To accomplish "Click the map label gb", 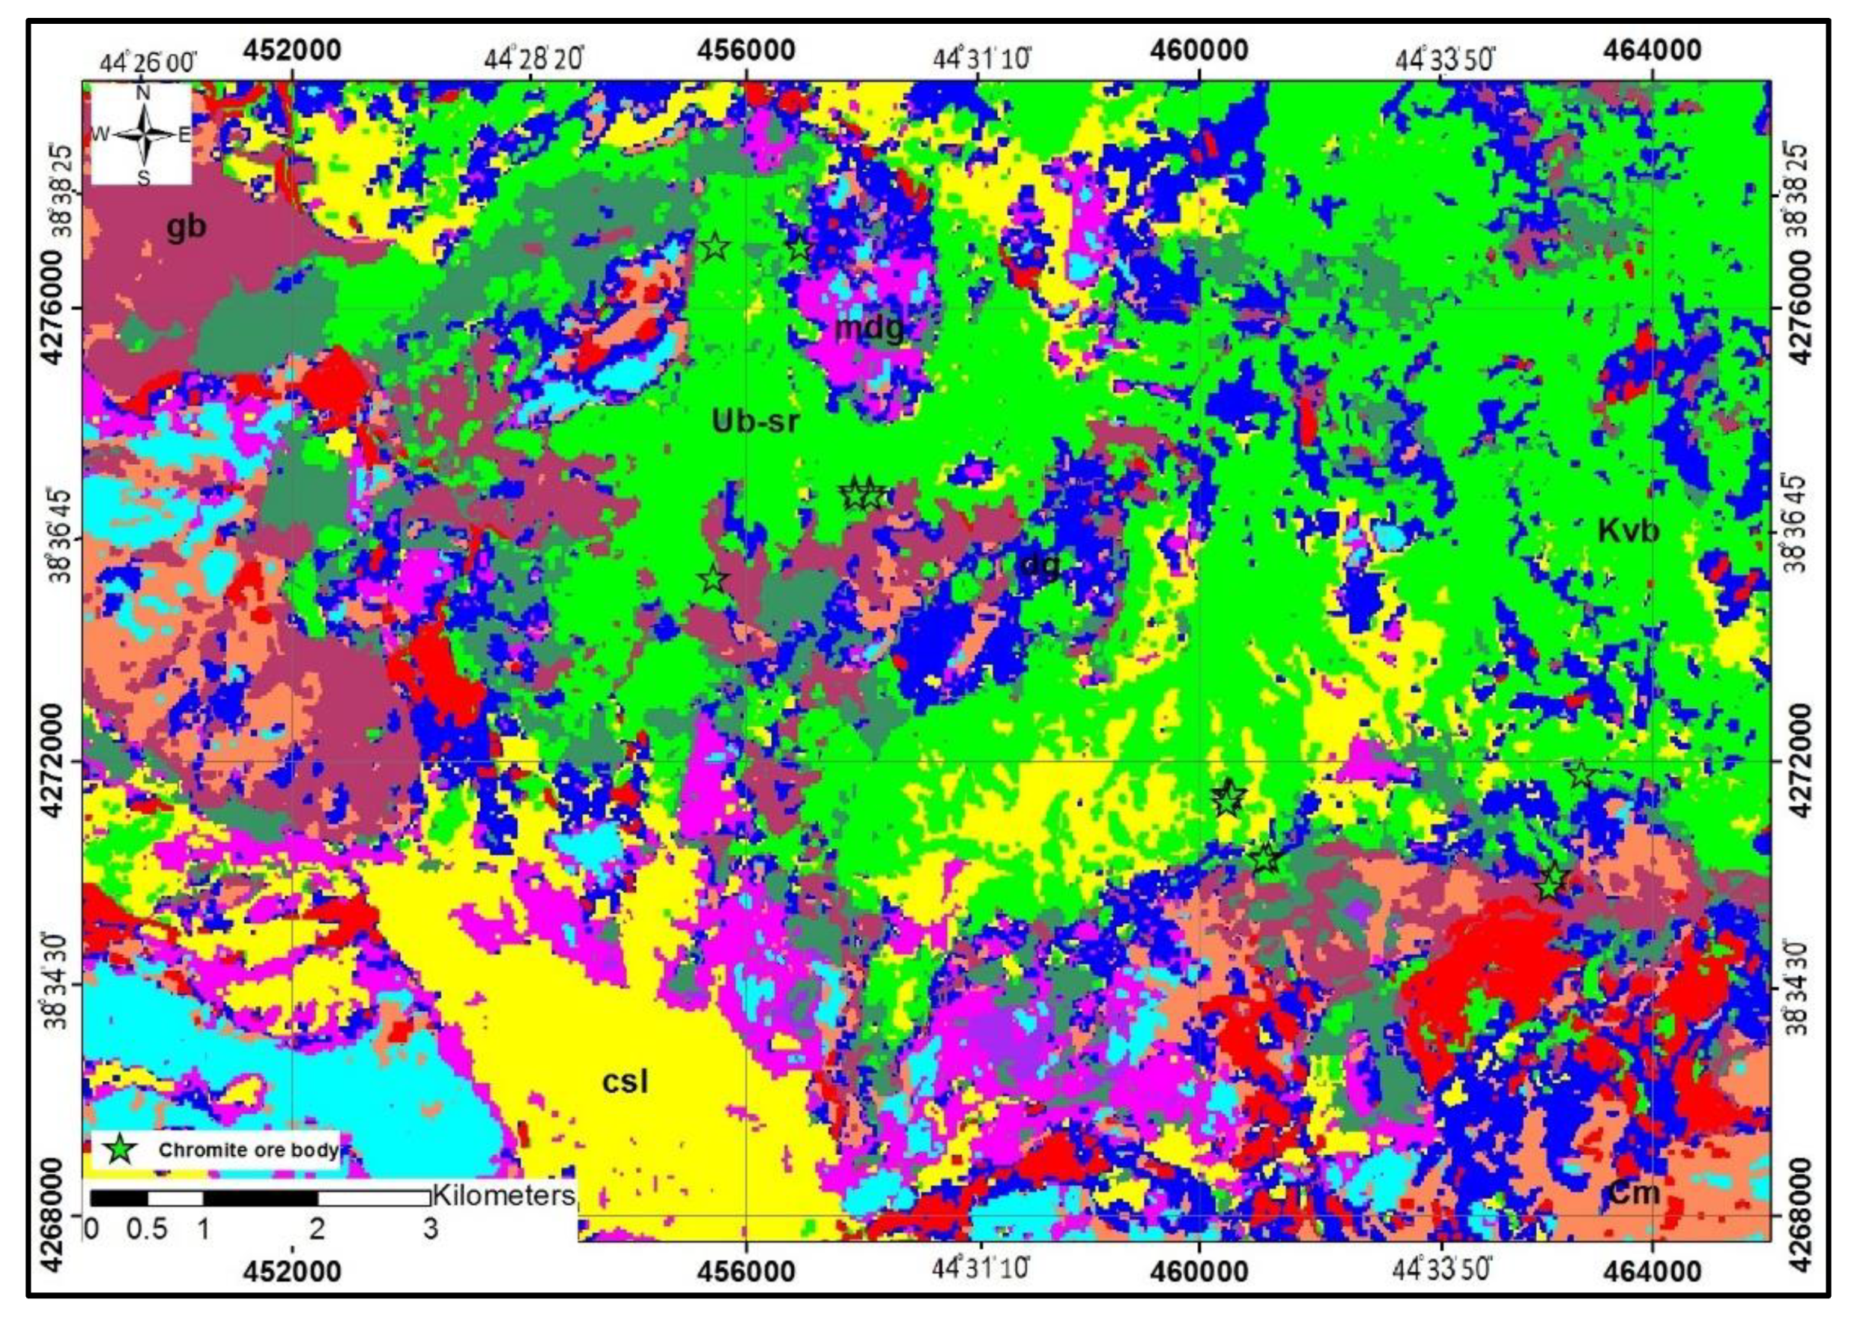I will click(x=186, y=228).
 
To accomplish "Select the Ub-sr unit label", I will click(x=755, y=422).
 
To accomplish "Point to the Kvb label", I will click(x=1629, y=531).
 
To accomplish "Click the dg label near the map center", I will click(x=1040, y=565).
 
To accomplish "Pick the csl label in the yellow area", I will click(x=625, y=1081).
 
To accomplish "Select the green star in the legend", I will click(x=121, y=1149).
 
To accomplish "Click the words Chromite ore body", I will click(x=249, y=1150).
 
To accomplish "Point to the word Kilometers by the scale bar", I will click(x=504, y=1195).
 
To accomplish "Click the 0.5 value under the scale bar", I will click(x=147, y=1229).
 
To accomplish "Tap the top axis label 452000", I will click(x=292, y=51).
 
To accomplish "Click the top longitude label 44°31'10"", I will click(x=982, y=59).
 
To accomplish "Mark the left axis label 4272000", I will click(x=54, y=761).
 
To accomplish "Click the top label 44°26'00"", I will click(x=148, y=62).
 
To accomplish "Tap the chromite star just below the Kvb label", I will click(x=1581, y=773).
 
